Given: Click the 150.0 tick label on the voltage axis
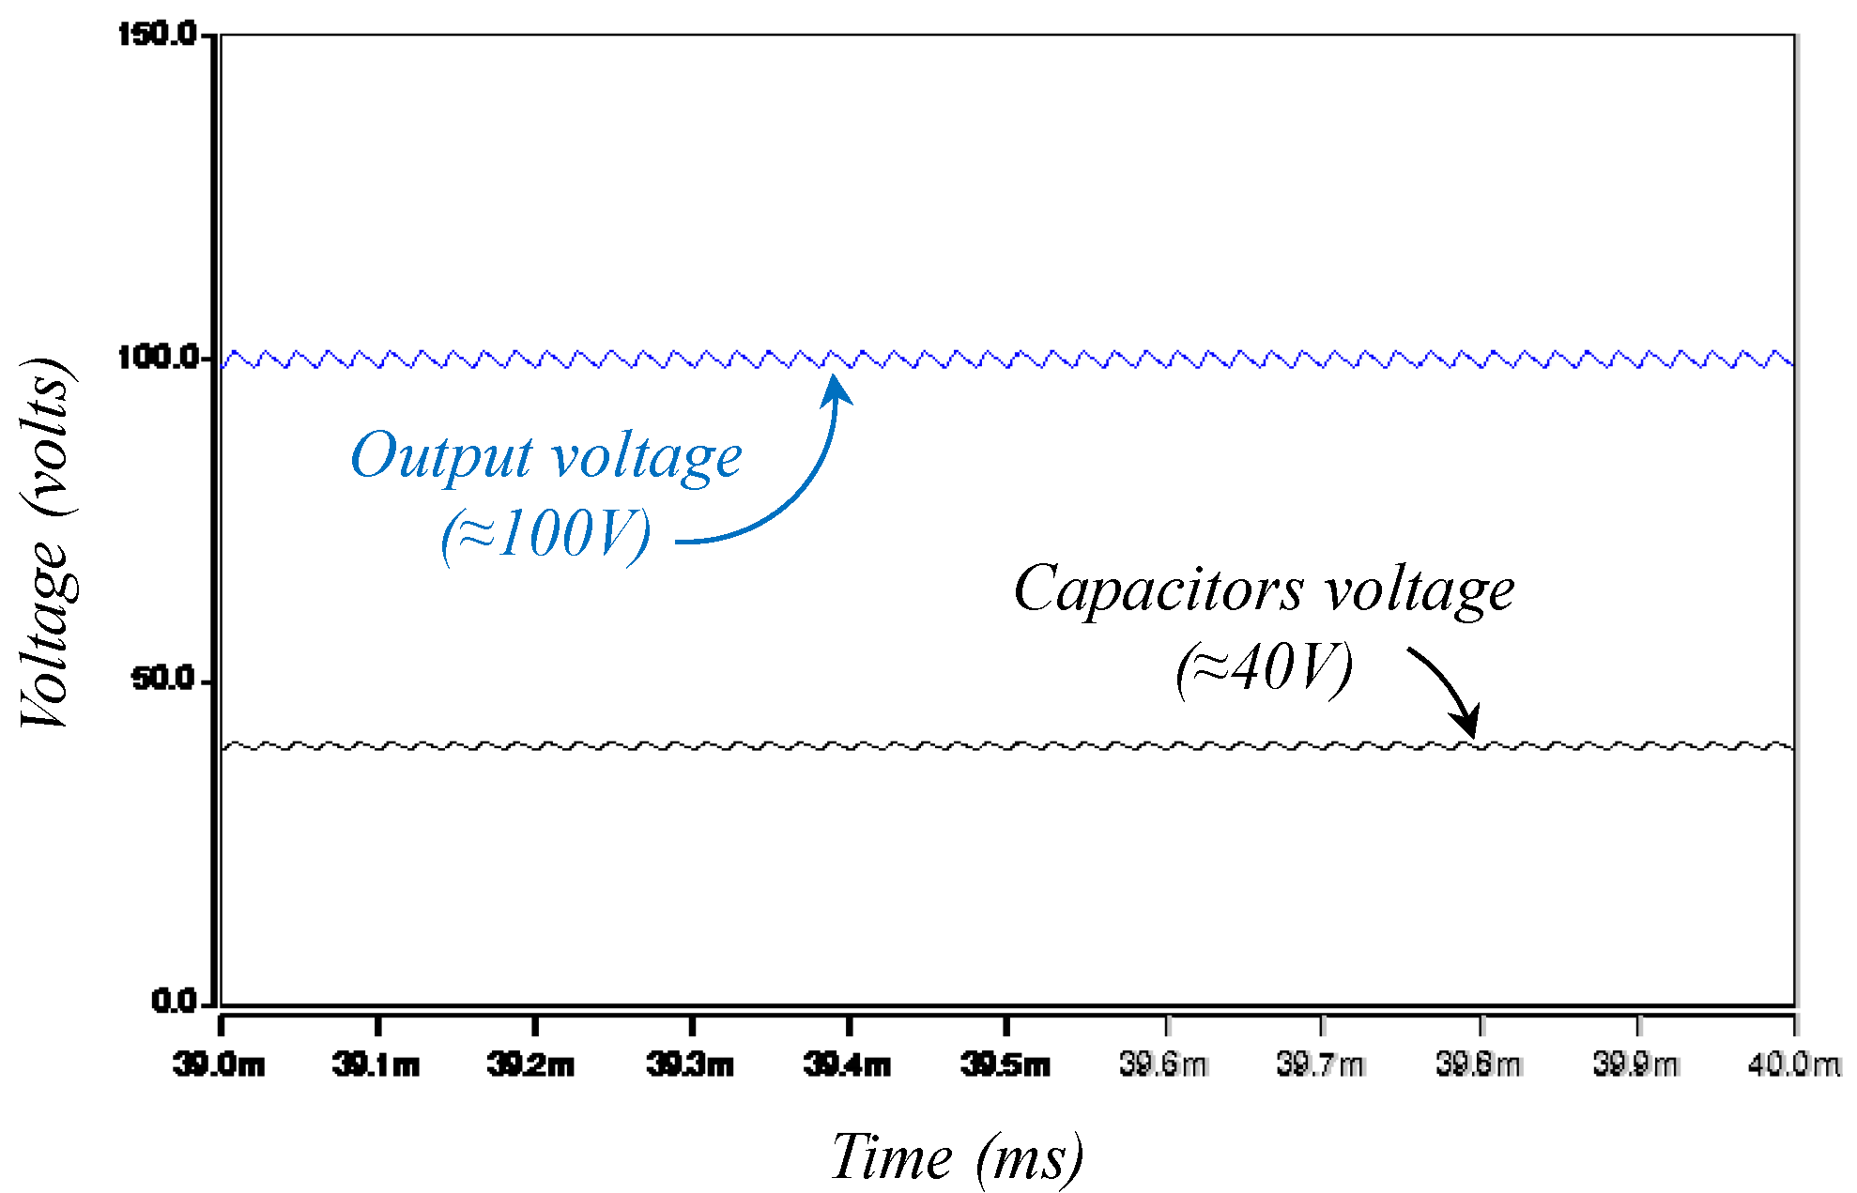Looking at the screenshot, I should [157, 35].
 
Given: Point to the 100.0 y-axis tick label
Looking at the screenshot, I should [157, 358].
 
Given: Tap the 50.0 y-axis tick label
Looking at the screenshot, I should [162, 679].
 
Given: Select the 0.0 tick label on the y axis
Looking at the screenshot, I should [174, 1001].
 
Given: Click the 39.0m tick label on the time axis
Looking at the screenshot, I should [219, 1065].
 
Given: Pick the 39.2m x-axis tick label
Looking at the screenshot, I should [531, 1065].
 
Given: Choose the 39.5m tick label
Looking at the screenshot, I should [1005, 1065].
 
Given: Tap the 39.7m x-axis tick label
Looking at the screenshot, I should [1320, 1065].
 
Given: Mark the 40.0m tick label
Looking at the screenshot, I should [1793, 1065].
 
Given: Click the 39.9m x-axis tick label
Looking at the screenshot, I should [1635, 1065].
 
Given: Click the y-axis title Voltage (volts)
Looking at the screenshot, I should [45, 543].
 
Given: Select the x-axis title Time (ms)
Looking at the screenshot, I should [957, 1157].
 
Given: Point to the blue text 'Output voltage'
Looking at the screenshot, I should [546, 457].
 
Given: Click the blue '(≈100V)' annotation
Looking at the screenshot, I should [545, 535].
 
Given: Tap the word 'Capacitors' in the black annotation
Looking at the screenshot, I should [1159, 590].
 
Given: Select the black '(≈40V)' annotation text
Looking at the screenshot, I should [1264, 668].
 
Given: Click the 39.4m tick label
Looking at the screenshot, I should [847, 1065].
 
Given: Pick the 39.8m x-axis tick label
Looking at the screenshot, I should [1479, 1065].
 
